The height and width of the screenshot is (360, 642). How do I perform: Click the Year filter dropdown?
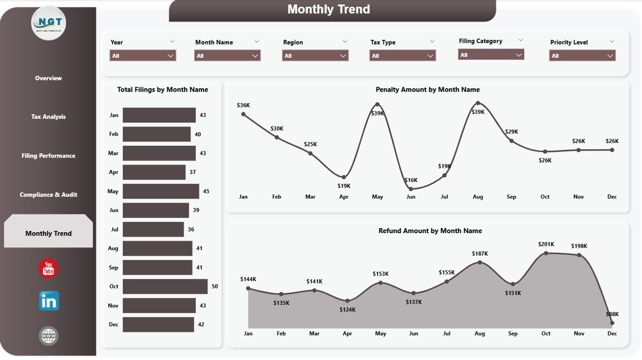pyautogui.click(x=142, y=56)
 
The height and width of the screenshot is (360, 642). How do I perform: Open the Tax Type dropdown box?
pyautogui.click(x=402, y=56)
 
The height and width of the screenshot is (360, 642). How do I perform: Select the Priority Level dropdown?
pyautogui.click(x=582, y=56)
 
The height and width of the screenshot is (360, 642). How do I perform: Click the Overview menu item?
pyautogui.click(x=48, y=78)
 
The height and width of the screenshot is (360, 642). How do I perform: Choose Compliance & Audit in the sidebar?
pyautogui.click(x=48, y=195)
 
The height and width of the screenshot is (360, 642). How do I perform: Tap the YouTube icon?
pyautogui.click(x=49, y=269)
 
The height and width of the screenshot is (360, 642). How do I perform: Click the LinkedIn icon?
pyautogui.click(x=49, y=301)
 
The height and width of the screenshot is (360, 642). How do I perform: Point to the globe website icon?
pyautogui.click(x=49, y=336)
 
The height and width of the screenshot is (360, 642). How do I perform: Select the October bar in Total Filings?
pyautogui.click(x=165, y=286)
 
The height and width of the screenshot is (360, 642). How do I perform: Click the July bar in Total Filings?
pyautogui.click(x=153, y=229)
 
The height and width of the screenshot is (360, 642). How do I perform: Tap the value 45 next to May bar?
pyautogui.click(x=206, y=191)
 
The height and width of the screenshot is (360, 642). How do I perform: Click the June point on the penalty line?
pyautogui.click(x=411, y=189)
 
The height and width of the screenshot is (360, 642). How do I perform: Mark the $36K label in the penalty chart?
pyautogui.click(x=243, y=105)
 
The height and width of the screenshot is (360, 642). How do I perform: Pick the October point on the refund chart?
pyautogui.click(x=546, y=253)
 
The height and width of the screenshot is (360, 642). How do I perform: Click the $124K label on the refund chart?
pyautogui.click(x=347, y=309)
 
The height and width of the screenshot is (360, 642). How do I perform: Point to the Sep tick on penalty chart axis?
pyautogui.click(x=511, y=197)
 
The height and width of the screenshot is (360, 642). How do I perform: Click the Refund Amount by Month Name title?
pyautogui.click(x=430, y=231)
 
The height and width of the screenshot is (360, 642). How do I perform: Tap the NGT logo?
pyautogui.click(x=49, y=23)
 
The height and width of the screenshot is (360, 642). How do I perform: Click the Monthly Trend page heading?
pyautogui.click(x=329, y=10)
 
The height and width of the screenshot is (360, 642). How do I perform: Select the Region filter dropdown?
pyautogui.click(x=315, y=56)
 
